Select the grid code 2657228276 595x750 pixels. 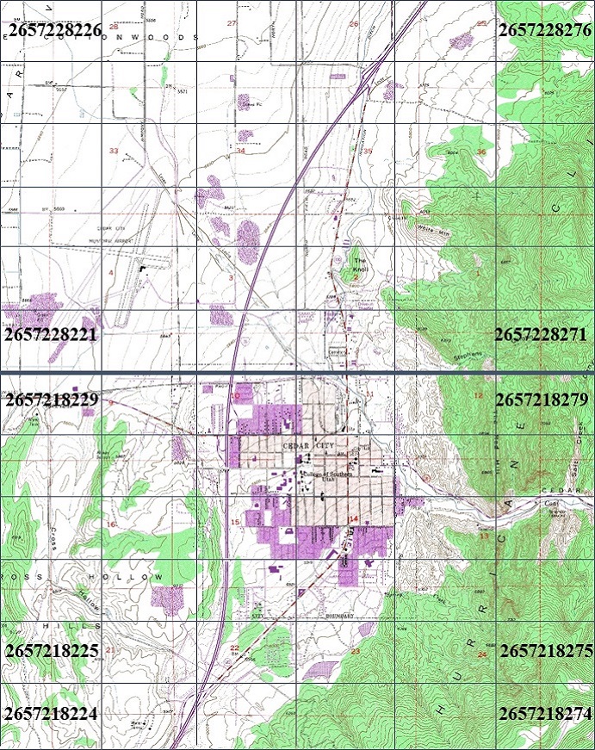[x=544, y=31]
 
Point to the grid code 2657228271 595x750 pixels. [x=541, y=334]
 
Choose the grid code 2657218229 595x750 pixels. [x=51, y=400]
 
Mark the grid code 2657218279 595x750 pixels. [x=542, y=400]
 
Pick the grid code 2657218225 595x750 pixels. [x=51, y=650]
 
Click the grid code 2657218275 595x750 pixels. [x=546, y=650]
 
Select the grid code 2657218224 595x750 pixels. [x=51, y=713]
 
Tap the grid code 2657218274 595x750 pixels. [x=544, y=713]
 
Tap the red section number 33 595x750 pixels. [x=114, y=152]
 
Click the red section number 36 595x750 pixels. [x=481, y=152]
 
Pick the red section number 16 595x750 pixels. [x=110, y=524]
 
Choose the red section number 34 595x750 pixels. [x=240, y=151]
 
